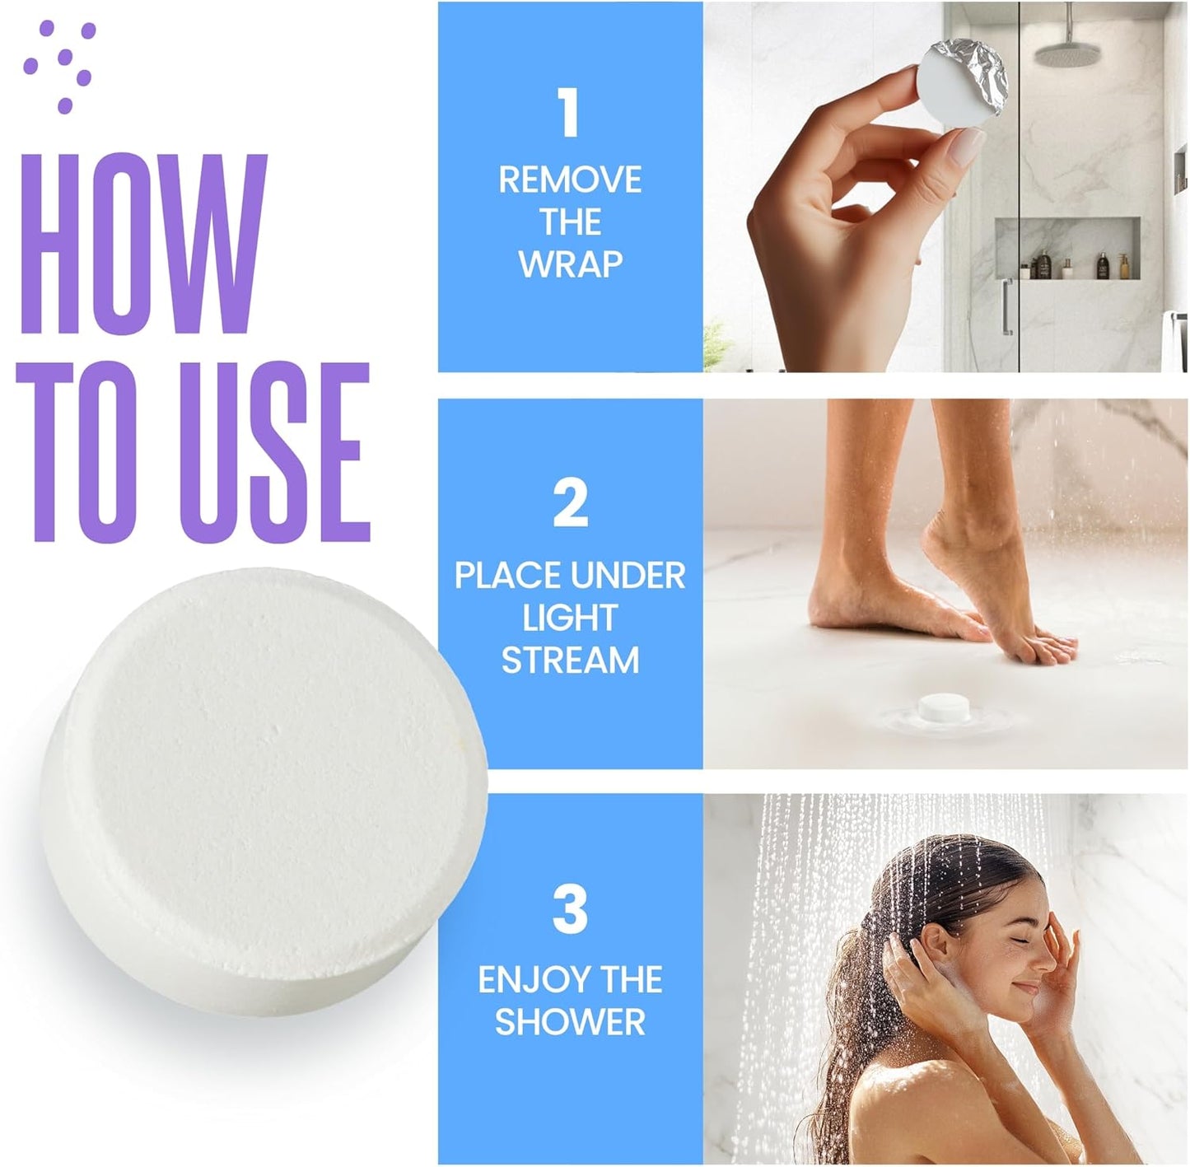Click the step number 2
pyautogui.click(x=570, y=503)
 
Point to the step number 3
pyautogui.click(x=570, y=909)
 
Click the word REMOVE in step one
pyautogui.click(x=570, y=180)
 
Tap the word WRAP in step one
pyautogui.click(x=570, y=264)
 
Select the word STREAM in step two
pyautogui.click(x=570, y=661)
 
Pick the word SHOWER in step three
pyautogui.click(x=570, y=1022)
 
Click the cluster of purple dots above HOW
pyautogui.click(x=60, y=64)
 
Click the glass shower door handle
pyautogui.click(x=1006, y=306)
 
